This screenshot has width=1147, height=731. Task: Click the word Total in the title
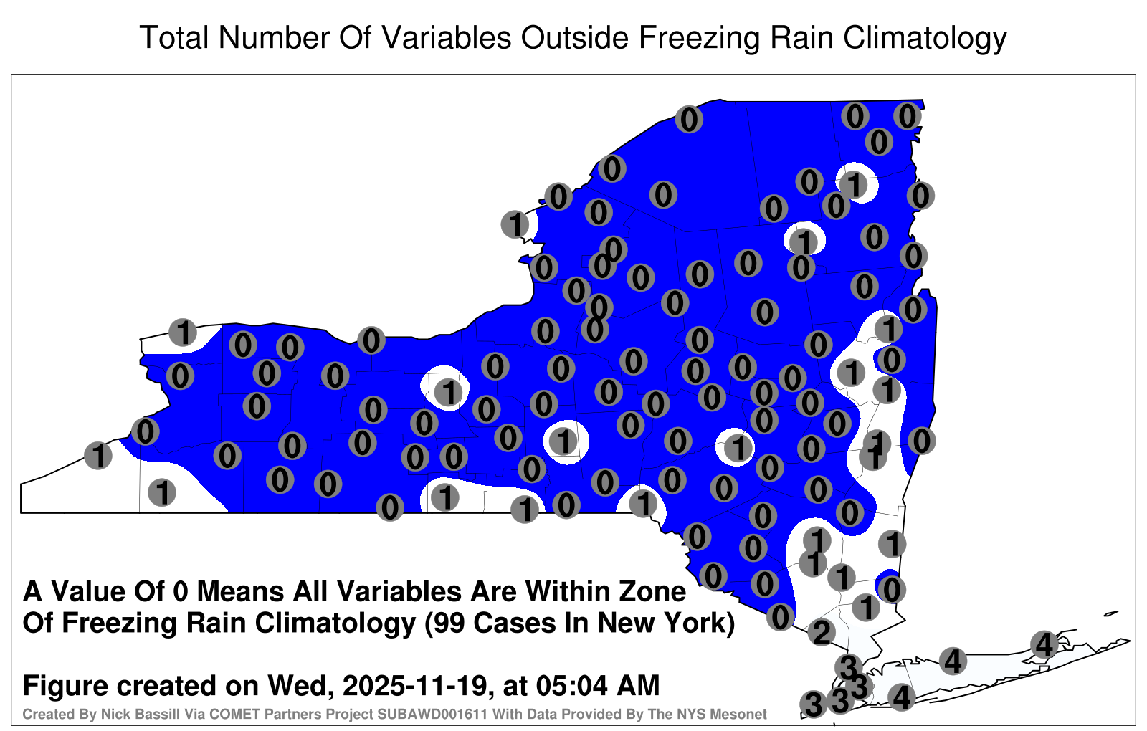click(175, 37)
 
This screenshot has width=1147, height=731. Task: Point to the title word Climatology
click(925, 39)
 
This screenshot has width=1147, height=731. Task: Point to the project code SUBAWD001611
click(432, 714)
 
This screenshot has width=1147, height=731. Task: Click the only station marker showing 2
click(822, 633)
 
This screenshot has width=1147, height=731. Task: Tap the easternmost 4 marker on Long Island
click(1044, 644)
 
